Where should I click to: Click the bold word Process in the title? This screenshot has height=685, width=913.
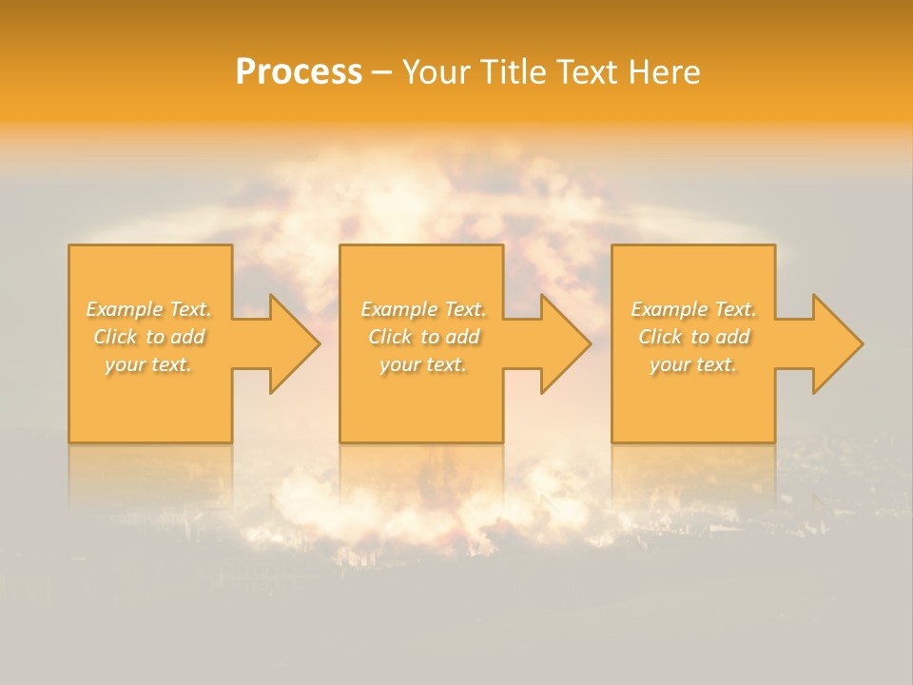pyautogui.click(x=299, y=72)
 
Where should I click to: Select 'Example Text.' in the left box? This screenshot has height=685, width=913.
pyautogui.click(x=149, y=309)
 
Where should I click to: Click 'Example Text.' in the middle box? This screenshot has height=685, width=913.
pyautogui.click(x=423, y=309)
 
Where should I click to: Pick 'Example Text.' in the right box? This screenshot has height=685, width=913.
pyautogui.click(x=693, y=309)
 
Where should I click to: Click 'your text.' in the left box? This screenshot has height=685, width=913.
pyautogui.click(x=148, y=364)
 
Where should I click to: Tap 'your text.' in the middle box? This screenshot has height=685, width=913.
pyautogui.click(x=423, y=364)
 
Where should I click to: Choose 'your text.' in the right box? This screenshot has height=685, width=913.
pyautogui.click(x=693, y=364)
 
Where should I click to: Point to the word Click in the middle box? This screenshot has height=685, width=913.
pyautogui.click(x=390, y=337)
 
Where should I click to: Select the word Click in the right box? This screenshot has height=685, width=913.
pyautogui.click(x=660, y=337)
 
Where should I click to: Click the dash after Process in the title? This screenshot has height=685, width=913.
pyautogui.click(x=382, y=73)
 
